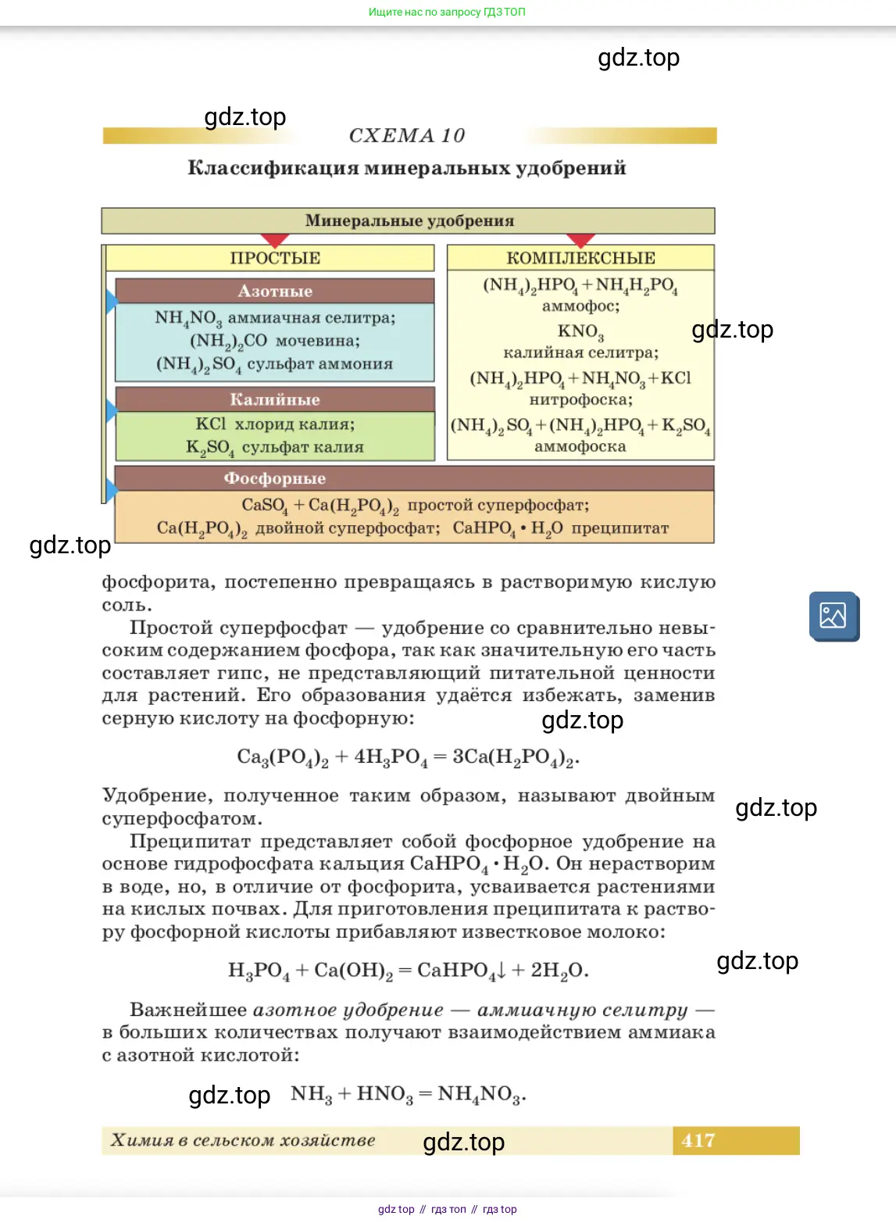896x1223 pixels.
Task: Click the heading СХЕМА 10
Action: [407, 136]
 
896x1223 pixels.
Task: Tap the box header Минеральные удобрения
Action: [409, 221]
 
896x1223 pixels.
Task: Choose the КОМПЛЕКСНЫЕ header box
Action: [580, 259]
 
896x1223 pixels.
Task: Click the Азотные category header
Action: [275, 291]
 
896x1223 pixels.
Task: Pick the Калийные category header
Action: [275, 400]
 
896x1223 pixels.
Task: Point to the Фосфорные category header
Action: [275, 478]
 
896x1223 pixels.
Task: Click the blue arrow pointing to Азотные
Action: [112, 301]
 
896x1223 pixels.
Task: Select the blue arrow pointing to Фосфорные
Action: [112, 490]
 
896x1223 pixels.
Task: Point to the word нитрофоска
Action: [580, 400]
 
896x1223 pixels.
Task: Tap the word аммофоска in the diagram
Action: [580, 447]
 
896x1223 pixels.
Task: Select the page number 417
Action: [698, 1141]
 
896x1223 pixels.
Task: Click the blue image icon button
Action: [834, 616]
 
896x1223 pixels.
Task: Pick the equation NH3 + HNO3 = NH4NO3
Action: [408, 1094]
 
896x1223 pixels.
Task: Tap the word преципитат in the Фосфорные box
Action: [620, 528]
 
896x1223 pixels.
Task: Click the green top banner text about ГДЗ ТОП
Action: [447, 12]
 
